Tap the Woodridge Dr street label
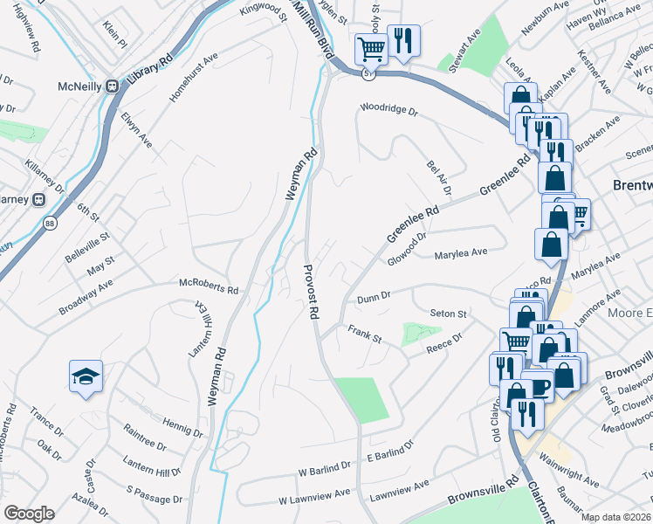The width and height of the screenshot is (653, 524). tap(389, 112)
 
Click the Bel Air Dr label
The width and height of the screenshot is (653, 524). tap(438, 177)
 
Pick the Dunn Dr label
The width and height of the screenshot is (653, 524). tap(372, 298)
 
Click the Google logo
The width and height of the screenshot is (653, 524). tap(29, 514)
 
